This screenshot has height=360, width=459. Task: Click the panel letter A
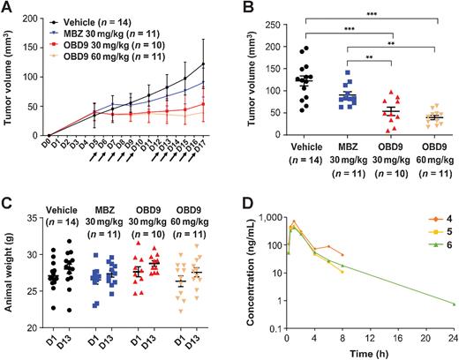pos(8,7)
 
